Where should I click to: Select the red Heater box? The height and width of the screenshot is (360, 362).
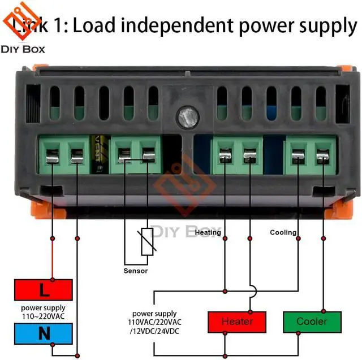coord(237,322)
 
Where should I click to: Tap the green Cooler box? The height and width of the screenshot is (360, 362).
coord(312,322)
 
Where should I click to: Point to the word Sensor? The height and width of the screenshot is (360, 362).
coord(135,271)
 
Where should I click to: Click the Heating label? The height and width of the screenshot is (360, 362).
coord(208,232)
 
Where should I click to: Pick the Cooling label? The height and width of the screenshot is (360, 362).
coord(283,232)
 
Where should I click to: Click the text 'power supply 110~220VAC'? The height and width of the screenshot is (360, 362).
coord(43,313)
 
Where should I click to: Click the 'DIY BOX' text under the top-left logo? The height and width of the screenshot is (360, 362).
coord(23,49)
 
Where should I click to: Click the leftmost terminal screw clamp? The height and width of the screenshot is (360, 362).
coord(52,156)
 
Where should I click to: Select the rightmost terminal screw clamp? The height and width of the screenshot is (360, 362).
coord(322,156)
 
